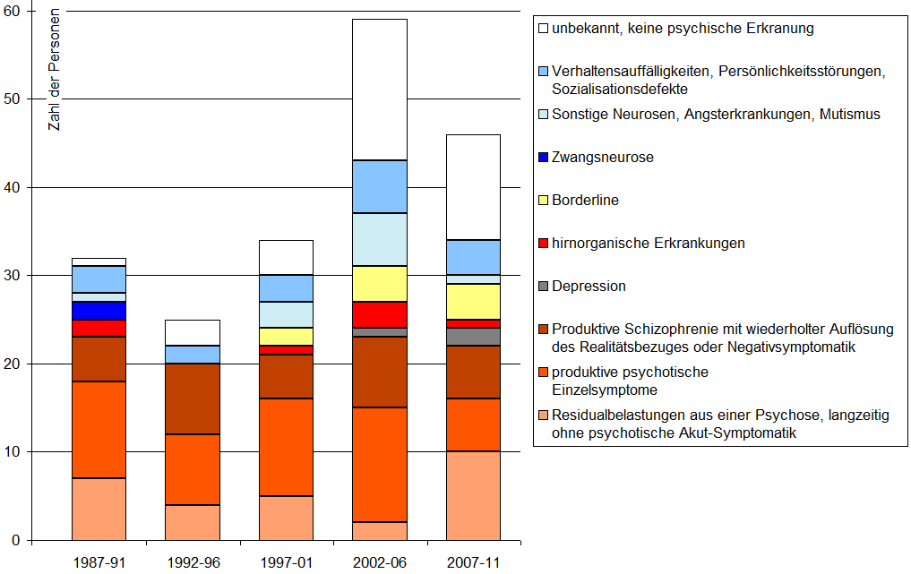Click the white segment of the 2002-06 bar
point(379,90)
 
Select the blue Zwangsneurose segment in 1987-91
point(99,310)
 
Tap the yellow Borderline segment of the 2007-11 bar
point(473,301)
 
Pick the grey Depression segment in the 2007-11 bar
point(473,337)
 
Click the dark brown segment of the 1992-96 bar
point(193,398)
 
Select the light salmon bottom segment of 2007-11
point(473,496)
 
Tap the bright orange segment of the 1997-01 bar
point(286,447)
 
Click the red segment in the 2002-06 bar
point(379,314)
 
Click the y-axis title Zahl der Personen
point(55,72)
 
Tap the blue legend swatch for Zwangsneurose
point(543,158)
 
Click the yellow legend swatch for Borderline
point(543,201)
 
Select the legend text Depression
point(589,287)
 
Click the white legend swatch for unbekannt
point(543,29)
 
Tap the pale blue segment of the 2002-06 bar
point(379,239)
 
